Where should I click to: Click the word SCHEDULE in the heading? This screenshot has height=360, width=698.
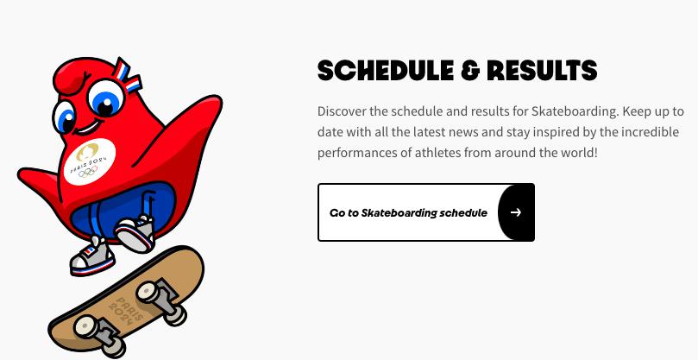pyautogui.click(x=386, y=72)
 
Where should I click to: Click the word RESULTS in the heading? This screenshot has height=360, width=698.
pyautogui.click(x=542, y=72)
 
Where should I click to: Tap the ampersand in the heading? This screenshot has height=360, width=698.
pyautogui.click(x=470, y=72)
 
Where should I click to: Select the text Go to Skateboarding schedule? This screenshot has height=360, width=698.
pyautogui.click(x=408, y=213)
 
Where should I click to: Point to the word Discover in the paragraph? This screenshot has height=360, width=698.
pyautogui.click(x=342, y=111)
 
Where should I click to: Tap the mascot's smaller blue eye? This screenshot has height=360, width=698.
pyautogui.click(x=64, y=117)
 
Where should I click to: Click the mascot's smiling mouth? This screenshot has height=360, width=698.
pyautogui.click(x=87, y=128)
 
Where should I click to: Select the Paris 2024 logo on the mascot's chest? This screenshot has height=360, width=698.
pyautogui.click(x=89, y=161)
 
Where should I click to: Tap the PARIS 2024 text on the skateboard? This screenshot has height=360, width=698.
pyautogui.click(x=126, y=310)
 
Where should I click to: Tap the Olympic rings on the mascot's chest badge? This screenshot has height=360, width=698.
pyautogui.click(x=88, y=172)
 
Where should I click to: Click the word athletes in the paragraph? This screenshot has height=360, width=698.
pyautogui.click(x=437, y=153)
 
